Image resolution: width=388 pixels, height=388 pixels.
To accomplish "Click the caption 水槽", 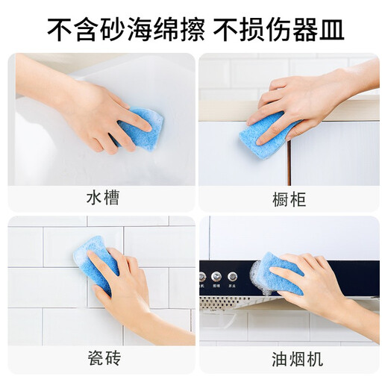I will pos(101,199).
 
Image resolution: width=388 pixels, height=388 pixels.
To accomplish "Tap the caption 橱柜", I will pos(290,199).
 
